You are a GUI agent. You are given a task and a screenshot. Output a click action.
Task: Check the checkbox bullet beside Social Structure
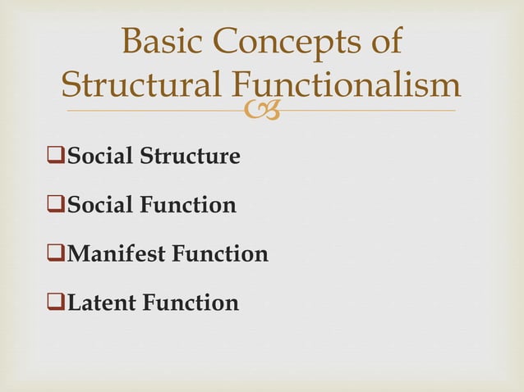click(57, 156)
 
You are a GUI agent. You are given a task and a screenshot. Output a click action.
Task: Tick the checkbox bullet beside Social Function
click(57, 205)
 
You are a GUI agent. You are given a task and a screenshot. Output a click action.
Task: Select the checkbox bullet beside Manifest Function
click(57, 254)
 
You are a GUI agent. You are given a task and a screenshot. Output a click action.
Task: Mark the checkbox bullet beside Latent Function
click(57, 303)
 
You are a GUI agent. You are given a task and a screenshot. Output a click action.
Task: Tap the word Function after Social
click(188, 205)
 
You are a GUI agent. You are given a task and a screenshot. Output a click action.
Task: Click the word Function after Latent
click(191, 303)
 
